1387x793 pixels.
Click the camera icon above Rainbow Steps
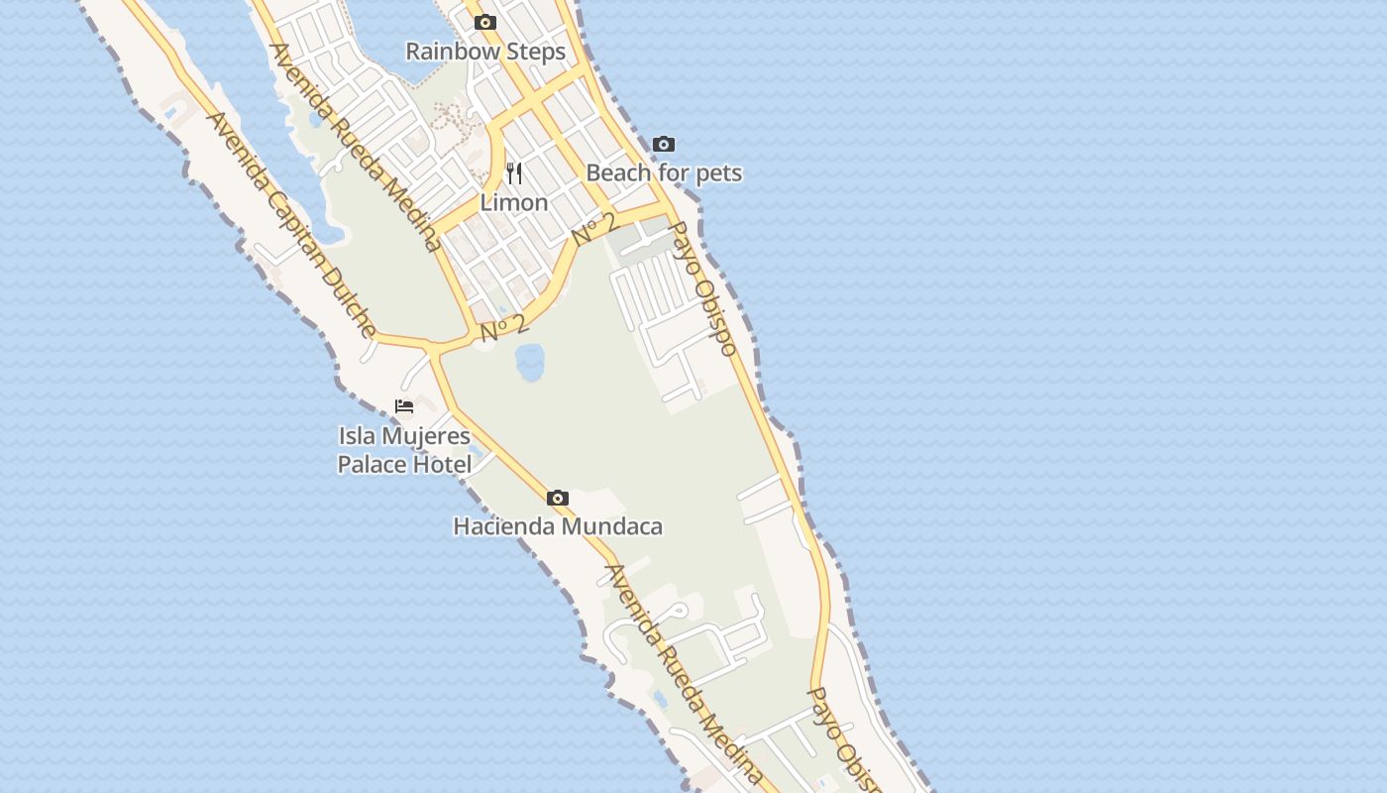tap(484, 23)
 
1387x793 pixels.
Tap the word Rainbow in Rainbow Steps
tap(449, 52)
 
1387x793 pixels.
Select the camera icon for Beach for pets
tap(664, 145)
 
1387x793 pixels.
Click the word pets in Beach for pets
tap(717, 172)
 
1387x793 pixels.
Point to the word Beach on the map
tap(618, 172)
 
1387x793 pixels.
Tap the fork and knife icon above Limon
tap(514, 173)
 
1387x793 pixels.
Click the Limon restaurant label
tap(514, 202)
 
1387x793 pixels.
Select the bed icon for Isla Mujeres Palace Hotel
tap(404, 406)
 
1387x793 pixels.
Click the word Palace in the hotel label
tap(371, 464)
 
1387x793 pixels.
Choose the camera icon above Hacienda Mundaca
tap(558, 498)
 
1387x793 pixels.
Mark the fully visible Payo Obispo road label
tap(702, 287)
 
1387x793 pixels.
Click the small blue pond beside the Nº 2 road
tap(529, 362)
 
